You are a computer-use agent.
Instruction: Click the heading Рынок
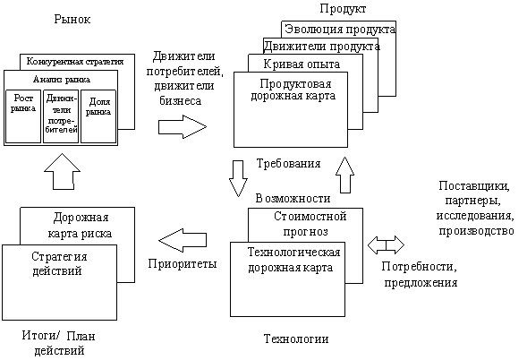(72, 20)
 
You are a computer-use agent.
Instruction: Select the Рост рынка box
(23, 116)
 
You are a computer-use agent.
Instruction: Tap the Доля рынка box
(98, 116)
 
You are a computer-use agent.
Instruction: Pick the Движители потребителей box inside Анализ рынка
(61, 116)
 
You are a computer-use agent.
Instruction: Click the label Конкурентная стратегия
(75, 62)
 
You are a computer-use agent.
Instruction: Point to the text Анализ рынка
(62, 80)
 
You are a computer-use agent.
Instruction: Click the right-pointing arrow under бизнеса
(183, 127)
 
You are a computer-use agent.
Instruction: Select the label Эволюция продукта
(340, 30)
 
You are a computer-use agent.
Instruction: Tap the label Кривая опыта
(302, 64)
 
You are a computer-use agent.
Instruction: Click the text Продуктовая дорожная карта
(293, 90)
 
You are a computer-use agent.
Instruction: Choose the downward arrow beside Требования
(238, 178)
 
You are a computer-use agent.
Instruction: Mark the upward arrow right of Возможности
(344, 175)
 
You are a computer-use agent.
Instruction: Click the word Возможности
(293, 199)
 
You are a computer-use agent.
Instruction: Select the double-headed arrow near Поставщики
(386, 244)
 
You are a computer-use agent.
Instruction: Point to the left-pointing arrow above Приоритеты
(183, 241)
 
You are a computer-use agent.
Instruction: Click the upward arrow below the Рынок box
(62, 172)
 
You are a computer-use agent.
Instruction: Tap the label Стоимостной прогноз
(310, 224)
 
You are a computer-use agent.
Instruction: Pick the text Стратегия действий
(59, 264)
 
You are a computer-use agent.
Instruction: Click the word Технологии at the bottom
(296, 339)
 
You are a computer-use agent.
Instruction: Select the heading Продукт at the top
(343, 8)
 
